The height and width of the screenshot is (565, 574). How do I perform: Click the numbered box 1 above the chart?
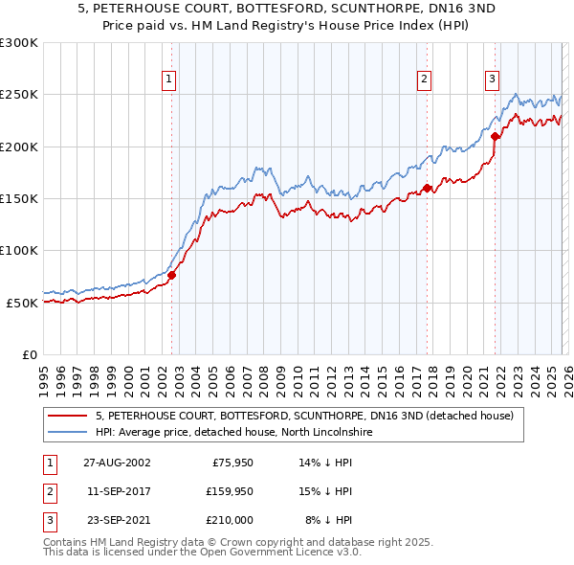tap(168, 79)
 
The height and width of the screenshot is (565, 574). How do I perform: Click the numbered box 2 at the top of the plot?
tap(424, 79)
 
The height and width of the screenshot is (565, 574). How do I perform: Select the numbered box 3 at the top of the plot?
tap(492, 79)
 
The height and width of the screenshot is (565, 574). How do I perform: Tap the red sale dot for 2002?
tap(172, 275)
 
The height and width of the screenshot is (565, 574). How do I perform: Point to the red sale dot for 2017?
tap(427, 188)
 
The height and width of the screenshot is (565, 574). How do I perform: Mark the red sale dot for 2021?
tap(495, 136)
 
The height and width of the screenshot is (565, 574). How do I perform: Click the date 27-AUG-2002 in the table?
tap(116, 463)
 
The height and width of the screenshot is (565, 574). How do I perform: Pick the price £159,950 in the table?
tap(228, 491)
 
